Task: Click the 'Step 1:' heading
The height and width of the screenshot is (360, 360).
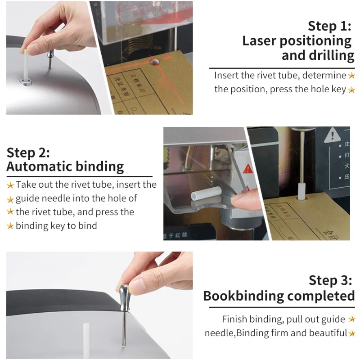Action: pyautogui.click(x=329, y=26)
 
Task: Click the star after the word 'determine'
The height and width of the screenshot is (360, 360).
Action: pyautogui.click(x=351, y=76)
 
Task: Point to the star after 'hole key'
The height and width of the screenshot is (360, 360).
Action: pyautogui.click(x=351, y=90)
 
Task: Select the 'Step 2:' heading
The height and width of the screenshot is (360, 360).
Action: pyautogui.click(x=28, y=152)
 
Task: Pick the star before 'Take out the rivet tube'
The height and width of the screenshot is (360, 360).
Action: pyautogui.click(x=10, y=185)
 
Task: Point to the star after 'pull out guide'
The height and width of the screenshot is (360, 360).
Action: pyautogui.click(x=352, y=319)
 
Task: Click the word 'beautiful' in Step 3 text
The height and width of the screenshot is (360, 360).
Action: pyautogui.click(x=324, y=333)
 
